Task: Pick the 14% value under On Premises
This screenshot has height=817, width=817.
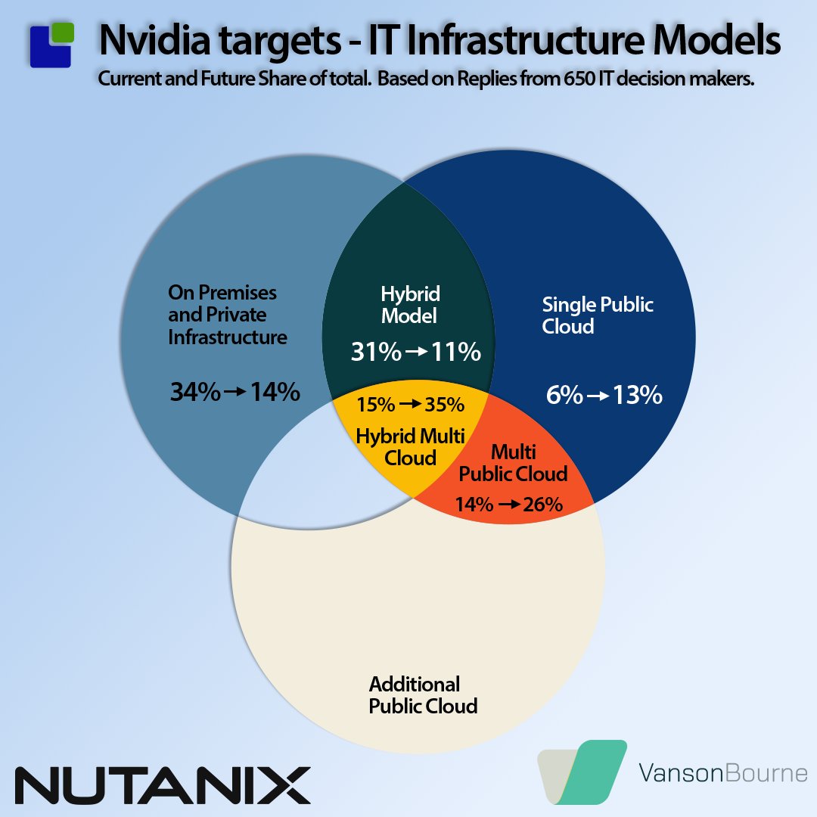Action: click(275, 392)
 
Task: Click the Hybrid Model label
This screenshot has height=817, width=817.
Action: click(411, 304)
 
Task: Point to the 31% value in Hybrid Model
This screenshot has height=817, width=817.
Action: click(376, 352)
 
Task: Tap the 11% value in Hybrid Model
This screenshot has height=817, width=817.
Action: click(456, 352)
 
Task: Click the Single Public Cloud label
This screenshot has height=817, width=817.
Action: click(598, 315)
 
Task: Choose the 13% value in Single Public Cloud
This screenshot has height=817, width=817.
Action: click(637, 395)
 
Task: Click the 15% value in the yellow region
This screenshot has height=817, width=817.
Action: click(376, 405)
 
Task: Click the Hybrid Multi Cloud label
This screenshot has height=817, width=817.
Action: click(410, 446)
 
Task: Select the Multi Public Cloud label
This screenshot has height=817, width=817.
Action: click(514, 463)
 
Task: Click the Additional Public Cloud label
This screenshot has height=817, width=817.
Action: click(423, 695)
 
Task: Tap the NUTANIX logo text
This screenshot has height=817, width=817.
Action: click(163, 785)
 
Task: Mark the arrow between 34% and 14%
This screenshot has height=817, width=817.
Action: click(235, 392)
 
